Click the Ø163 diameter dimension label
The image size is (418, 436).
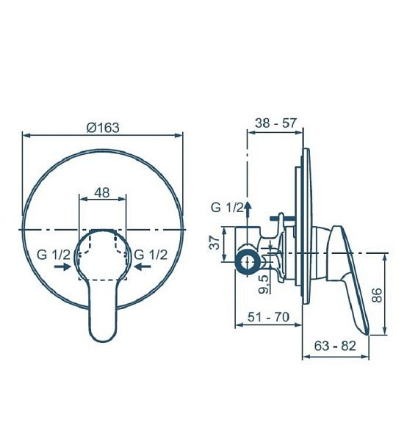click(x=103, y=127)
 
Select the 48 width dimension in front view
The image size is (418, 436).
click(x=102, y=193)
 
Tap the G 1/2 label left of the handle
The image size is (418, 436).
click(x=54, y=254)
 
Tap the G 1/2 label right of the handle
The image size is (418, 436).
click(x=151, y=254)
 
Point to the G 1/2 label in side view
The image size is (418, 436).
click(x=227, y=208)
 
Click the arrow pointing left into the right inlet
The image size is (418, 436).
click(x=140, y=267)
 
